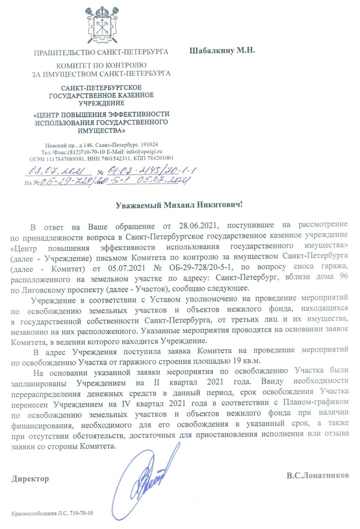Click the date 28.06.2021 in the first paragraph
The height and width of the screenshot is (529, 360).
click(194, 226)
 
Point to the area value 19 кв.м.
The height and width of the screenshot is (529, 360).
click(230, 360)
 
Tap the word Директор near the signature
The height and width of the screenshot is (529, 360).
click(30, 479)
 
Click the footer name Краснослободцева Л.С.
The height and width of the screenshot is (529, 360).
click(39, 514)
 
